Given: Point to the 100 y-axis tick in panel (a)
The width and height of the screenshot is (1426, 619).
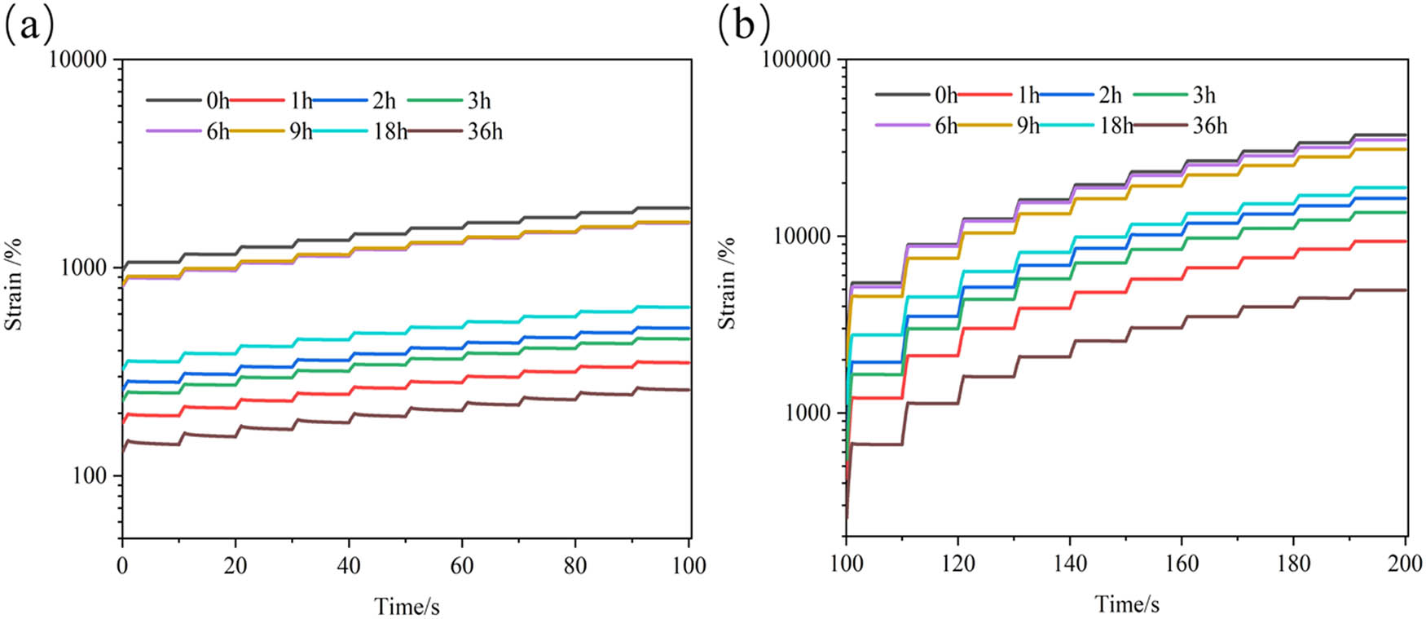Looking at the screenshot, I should tap(90, 476).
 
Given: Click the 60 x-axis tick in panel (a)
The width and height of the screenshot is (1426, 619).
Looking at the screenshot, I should tap(462, 565).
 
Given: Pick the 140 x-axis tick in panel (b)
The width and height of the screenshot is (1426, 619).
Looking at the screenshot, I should tap(1070, 564).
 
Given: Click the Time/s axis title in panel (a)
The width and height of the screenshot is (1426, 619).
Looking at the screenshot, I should tap(407, 607).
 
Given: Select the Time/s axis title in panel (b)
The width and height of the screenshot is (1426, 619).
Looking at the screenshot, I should tap(1127, 604).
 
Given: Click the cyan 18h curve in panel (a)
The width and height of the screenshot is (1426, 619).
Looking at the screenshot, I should tap(407, 332).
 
